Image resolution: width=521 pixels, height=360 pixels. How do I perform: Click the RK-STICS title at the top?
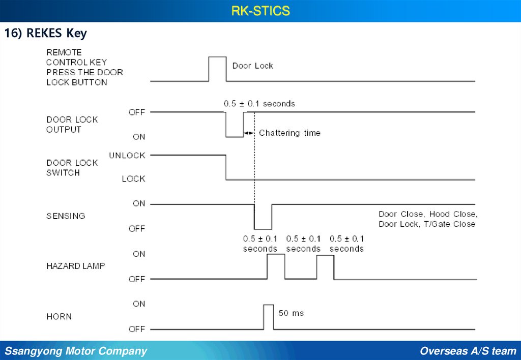260,11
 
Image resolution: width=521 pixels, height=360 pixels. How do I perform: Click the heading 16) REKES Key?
46,34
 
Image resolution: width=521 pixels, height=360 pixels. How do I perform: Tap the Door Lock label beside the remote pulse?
252,66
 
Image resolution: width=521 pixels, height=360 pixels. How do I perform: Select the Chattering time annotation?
290,133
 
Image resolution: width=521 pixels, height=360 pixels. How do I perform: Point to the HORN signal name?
59,316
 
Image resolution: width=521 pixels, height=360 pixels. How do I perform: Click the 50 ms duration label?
291,313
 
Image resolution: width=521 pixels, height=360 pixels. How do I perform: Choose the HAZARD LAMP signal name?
75,266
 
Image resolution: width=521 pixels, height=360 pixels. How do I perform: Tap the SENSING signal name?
66,216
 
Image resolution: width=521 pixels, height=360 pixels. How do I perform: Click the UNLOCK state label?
127,156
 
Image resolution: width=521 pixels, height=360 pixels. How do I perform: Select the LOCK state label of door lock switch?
133,178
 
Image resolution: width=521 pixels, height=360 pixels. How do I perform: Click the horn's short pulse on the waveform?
268,316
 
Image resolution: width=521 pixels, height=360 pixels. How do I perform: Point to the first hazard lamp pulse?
276,266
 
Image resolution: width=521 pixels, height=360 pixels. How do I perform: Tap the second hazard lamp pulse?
325,266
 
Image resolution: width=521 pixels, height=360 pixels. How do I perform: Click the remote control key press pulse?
218,69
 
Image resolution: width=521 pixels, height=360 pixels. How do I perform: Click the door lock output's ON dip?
235,125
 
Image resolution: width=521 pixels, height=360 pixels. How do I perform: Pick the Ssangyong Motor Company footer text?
76,351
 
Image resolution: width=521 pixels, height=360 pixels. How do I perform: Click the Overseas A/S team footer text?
468,351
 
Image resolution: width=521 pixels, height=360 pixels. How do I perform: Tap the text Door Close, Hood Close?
428,214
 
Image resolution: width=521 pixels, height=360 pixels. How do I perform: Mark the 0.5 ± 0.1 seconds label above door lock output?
259,104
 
